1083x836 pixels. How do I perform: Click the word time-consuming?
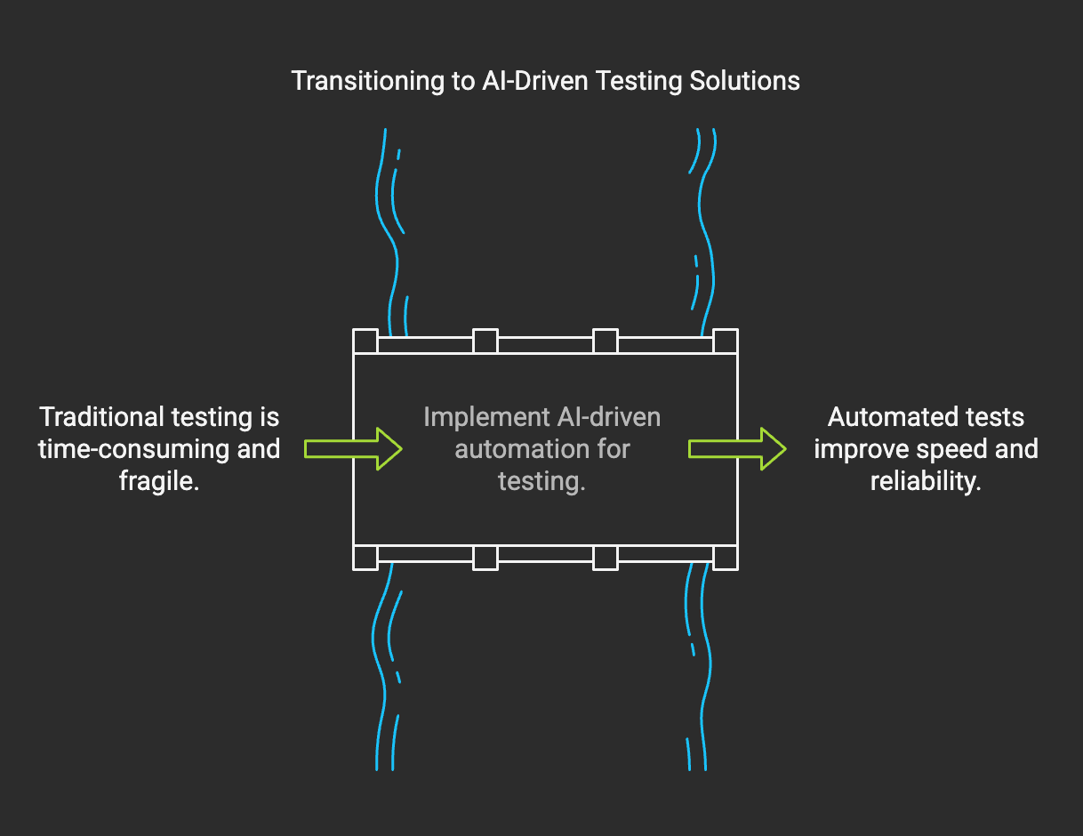point(119,449)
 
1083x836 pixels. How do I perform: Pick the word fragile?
point(158,481)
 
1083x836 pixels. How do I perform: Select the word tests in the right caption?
point(996,417)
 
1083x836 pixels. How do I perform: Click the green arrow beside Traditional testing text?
point(353,448)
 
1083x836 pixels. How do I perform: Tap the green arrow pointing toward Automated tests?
point(737,448)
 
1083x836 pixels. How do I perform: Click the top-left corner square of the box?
point(365,342)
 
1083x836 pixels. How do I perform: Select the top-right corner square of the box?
point(726,342)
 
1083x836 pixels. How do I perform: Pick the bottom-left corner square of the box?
point(365,558)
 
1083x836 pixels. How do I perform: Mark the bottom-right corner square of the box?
point(726,558)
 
